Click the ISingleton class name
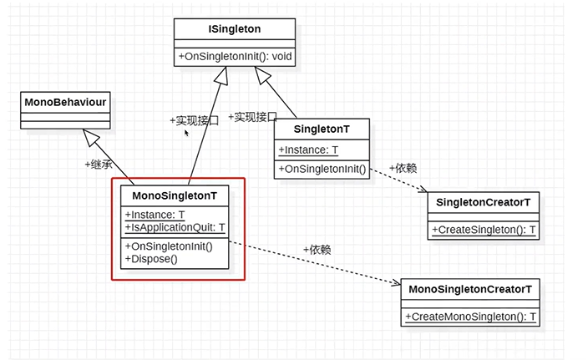click(235, 28)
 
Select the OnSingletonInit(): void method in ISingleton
click(235, 56)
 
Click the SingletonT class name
click(321, 129)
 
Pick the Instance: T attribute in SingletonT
click(309, 150)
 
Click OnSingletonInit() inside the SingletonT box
click(322, 169)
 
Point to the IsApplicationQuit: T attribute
click(175, 227)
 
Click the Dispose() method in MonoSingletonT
click(151, 258)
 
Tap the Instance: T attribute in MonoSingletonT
click(155, 215)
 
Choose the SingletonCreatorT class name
click(483, 202)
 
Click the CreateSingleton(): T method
click(483, 230)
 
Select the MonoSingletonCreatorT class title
click(470, 289)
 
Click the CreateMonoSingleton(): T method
click(470, 317)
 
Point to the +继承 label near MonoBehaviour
click(99, 164)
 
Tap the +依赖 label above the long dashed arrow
click(317, 249)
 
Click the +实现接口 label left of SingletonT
click(251, 117)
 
